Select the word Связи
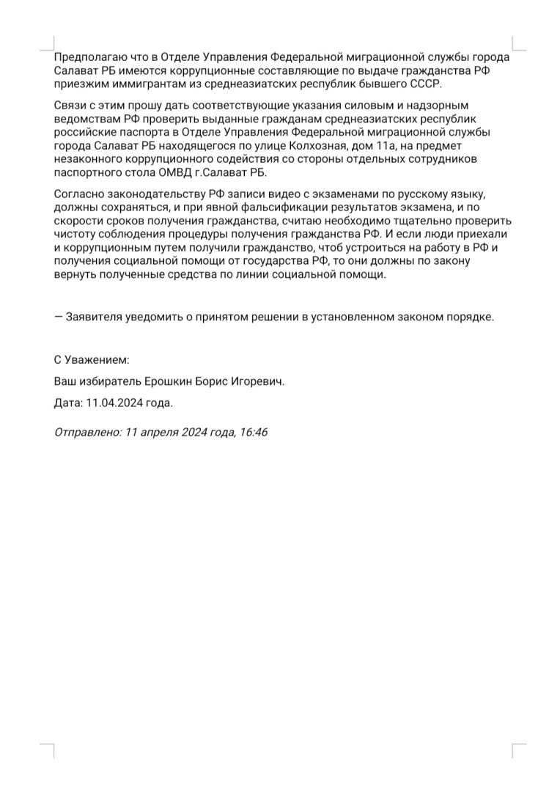tap(70, 106)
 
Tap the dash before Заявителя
tap(59, 317)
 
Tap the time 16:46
tap(253, 432)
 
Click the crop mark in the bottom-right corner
tap(517, 749)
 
